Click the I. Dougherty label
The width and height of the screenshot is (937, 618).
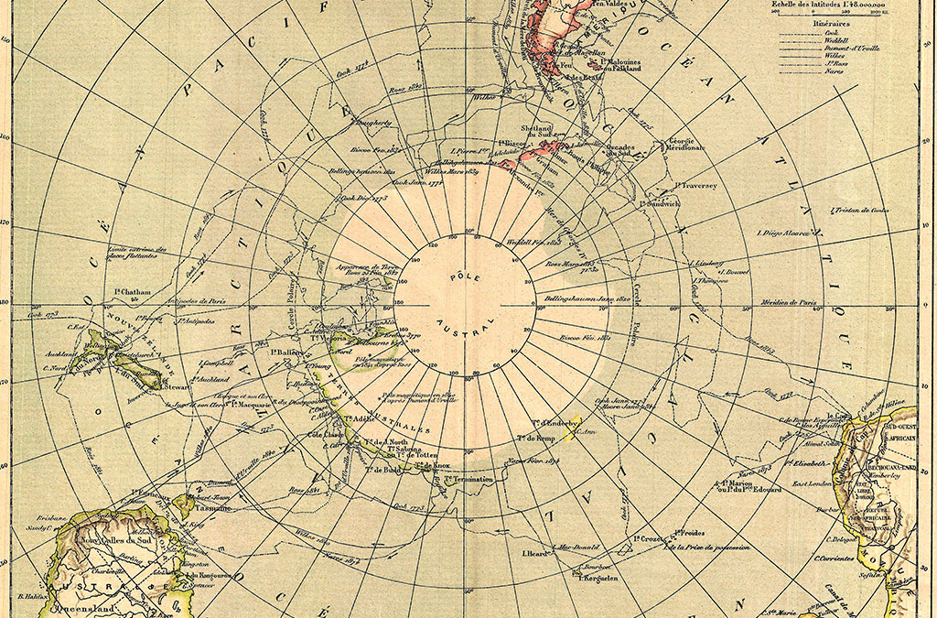pyautogui.click(x=370, y=122)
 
